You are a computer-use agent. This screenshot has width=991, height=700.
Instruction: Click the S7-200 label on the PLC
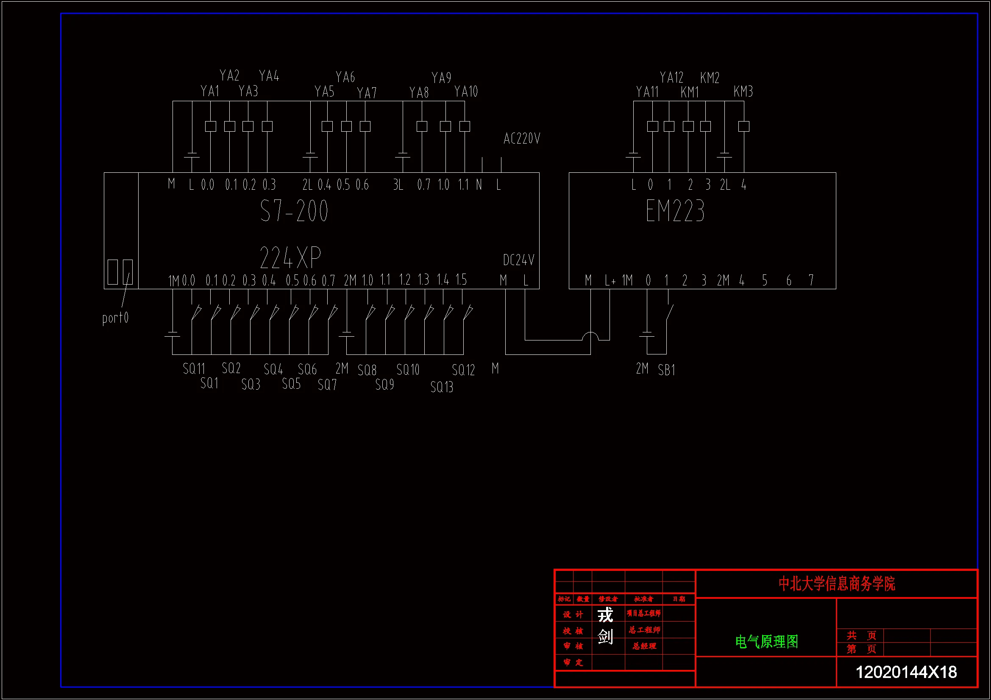tap(294, 211)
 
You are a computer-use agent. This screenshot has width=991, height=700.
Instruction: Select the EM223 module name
tap(675, 211)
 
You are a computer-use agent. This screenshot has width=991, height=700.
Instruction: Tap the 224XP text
tap(290, 257)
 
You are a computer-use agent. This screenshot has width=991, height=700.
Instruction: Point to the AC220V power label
tap(522, 138)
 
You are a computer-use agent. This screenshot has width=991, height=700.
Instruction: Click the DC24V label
tap(518, 260)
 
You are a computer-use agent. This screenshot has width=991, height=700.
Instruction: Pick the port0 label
tap(115, 318)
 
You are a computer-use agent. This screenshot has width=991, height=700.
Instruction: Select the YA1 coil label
tap(210, 91)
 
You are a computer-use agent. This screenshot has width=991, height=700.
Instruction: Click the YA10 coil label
tap(466, 91)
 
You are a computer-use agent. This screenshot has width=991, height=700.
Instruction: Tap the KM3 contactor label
tap(743, 91)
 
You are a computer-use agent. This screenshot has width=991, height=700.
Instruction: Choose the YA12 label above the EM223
tap(671, 77)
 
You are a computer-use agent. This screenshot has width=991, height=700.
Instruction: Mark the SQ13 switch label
tap(442, 387)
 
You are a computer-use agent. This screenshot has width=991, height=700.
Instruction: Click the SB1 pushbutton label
tap(666, 370)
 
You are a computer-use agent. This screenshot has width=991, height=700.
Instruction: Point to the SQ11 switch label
tap(194, 369)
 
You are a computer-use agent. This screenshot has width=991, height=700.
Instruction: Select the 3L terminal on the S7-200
tap(398, 185)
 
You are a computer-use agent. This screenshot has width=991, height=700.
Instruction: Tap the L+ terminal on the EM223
tap(610, 281)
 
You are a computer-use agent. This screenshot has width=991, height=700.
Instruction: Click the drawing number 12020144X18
tap(906, 672)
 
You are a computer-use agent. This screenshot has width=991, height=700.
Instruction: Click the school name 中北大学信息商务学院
tap(836, 584)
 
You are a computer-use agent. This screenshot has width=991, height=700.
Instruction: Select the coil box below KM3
tap(744, 126)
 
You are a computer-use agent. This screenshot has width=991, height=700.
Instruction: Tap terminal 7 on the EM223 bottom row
tap(811, 280)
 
